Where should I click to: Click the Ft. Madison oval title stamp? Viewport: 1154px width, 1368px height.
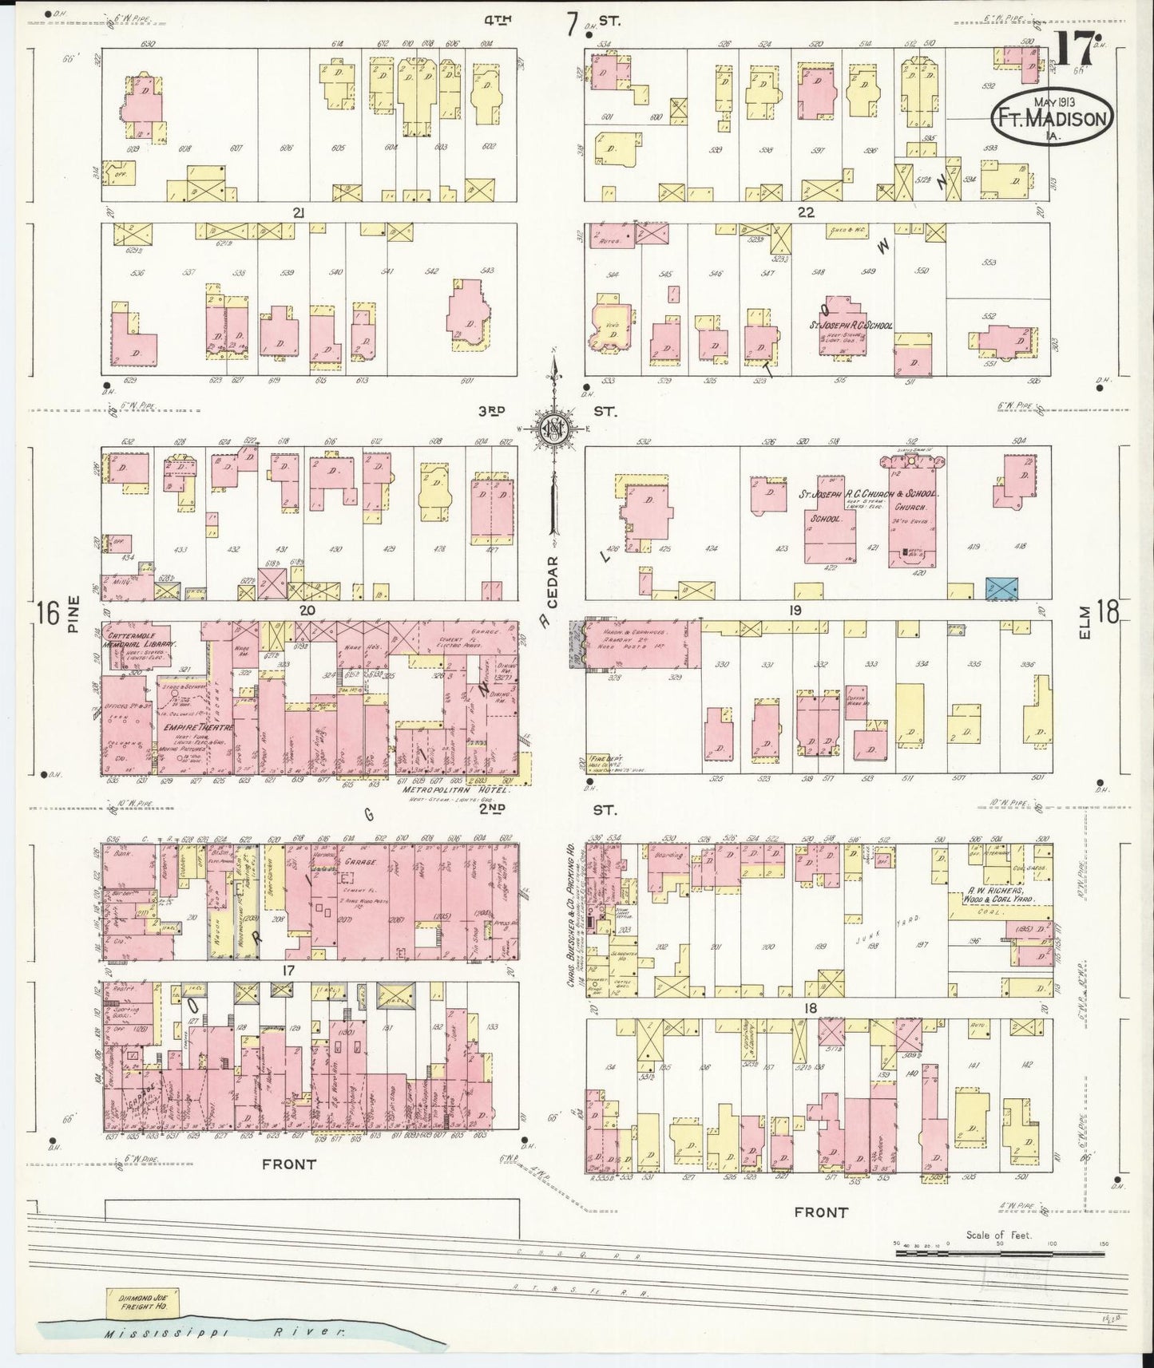(1052, 118)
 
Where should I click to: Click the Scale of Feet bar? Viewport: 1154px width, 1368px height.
(998, 1254)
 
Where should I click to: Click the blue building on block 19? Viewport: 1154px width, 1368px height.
(1002, 587)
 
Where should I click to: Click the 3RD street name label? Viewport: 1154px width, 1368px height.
(492, 411)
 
